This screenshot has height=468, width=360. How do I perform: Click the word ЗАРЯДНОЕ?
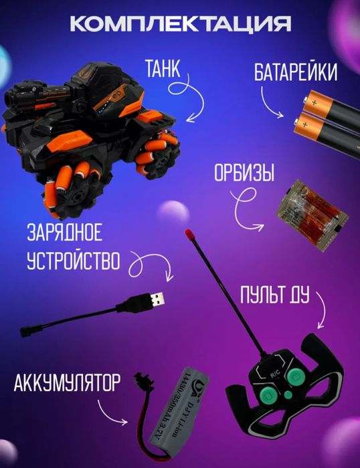(64, 234)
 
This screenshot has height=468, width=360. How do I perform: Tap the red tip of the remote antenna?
(189, 235)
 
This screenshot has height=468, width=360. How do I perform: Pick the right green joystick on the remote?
(298, 377)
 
